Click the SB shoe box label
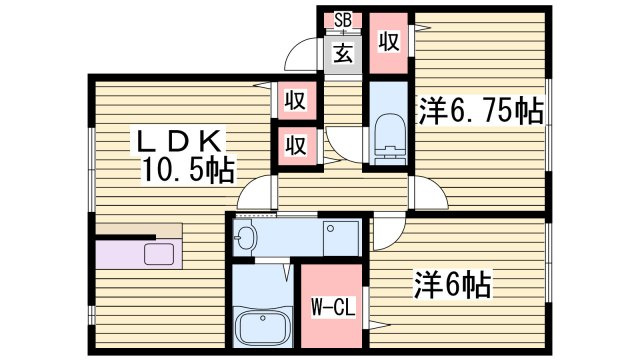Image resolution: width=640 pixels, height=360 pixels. coord(343,20)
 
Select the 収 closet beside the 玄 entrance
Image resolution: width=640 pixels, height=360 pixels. coord(388,43)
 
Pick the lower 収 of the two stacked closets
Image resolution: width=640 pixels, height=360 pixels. coord(294,144)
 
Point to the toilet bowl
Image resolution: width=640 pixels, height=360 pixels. coord(386,134)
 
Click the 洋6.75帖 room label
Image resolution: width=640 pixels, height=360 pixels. coord(480,111)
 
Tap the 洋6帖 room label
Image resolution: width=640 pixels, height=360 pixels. coord(453,286)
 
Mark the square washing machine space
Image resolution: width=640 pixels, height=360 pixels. coord(341,236)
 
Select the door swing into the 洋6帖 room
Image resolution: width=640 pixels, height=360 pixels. coord(386,235)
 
